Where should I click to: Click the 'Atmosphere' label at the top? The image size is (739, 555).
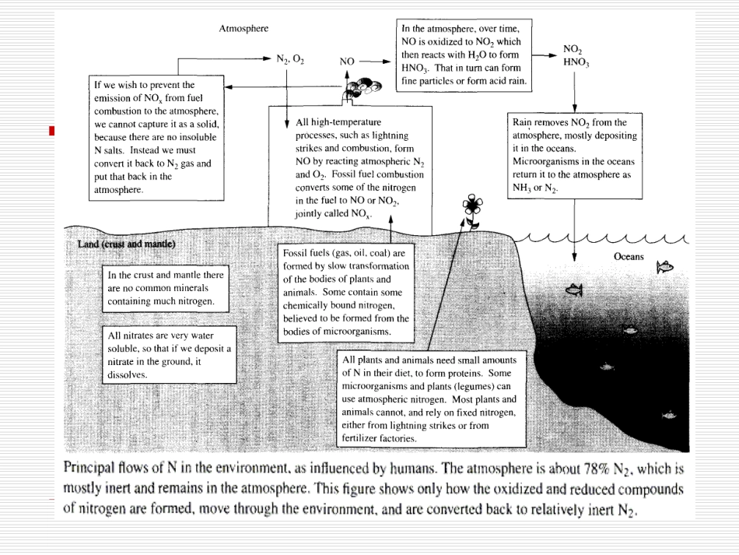tap(243, 29)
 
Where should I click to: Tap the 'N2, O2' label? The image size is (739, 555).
tap(289, 58)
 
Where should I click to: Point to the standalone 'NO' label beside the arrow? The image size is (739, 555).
tap(348, 60)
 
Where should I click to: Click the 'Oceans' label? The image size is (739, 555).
tap(629, 256)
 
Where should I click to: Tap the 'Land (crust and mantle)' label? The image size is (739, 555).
tap(127, 244)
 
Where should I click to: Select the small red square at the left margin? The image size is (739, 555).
tap(51, 130)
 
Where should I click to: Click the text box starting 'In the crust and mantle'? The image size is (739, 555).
tap(166, 288)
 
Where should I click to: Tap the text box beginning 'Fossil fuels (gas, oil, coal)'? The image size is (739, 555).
tap(345, 293)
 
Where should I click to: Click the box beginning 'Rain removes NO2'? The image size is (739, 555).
tap(574, 155)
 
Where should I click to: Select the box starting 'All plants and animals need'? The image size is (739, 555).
tap(429, 399)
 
